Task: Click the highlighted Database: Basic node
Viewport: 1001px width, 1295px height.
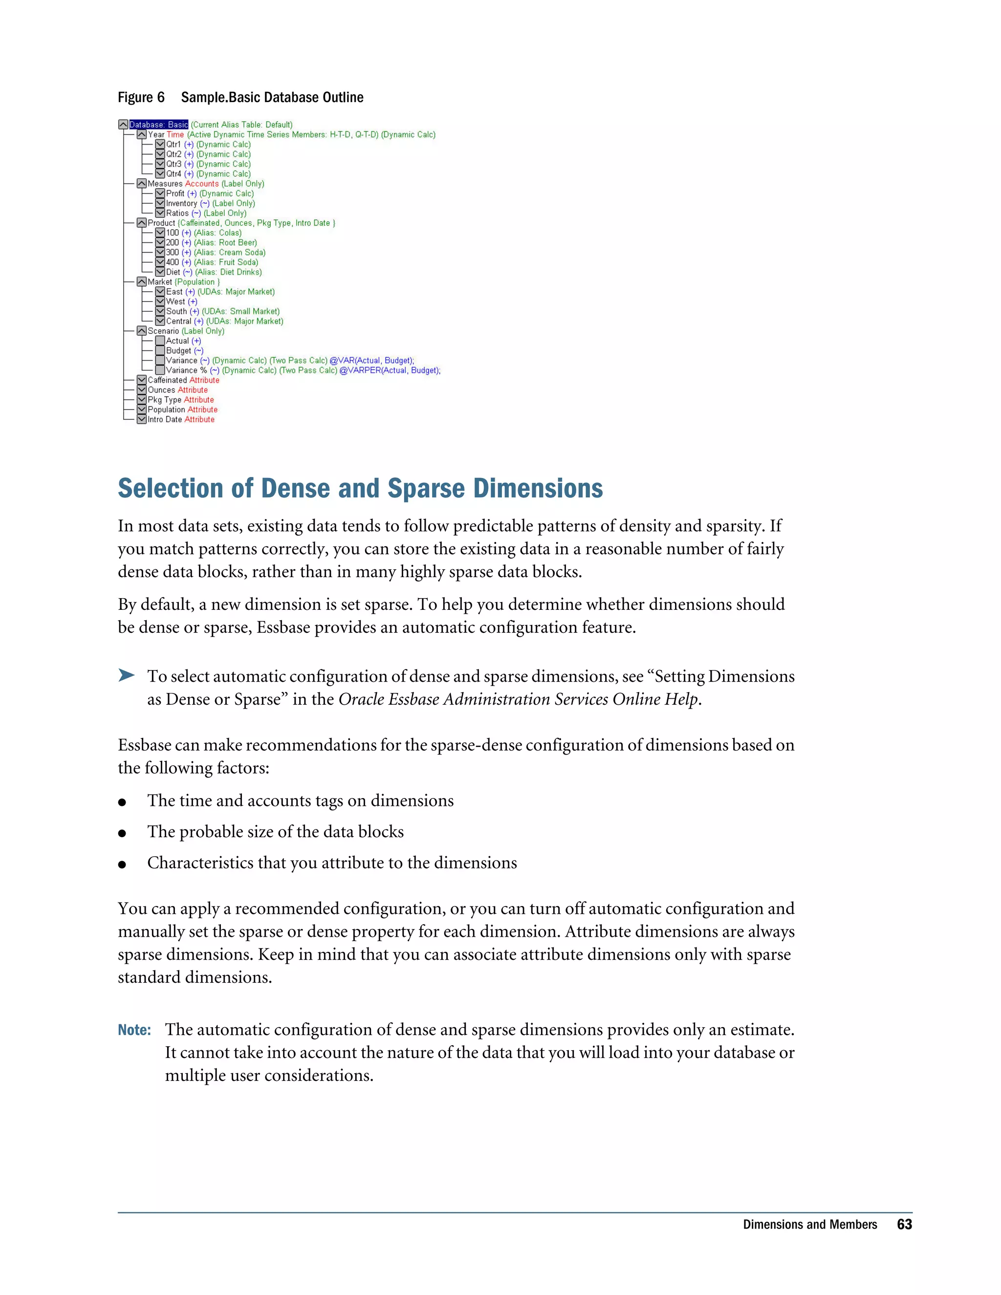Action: [158, 125]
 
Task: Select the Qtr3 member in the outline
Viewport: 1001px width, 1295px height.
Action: [174, 164]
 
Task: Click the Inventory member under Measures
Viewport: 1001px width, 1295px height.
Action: [181, 203]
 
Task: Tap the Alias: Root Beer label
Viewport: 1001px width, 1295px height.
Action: [225, 242]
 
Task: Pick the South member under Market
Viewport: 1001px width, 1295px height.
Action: [176, 311]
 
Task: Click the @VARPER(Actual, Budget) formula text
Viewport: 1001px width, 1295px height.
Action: [389, 370]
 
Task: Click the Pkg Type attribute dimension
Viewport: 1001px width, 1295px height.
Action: [164, 400]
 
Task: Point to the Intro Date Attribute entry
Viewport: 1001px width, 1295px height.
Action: [181, 420]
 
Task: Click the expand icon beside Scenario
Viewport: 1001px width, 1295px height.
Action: [142, 331]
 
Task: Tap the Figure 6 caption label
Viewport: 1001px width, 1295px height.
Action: [141, 97]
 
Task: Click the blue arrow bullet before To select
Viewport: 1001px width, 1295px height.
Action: [126, 675]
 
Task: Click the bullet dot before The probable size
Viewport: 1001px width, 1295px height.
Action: [122, 833]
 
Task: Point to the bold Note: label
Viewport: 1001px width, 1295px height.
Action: [134, 1030]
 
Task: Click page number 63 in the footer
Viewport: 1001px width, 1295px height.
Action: [904, 1225]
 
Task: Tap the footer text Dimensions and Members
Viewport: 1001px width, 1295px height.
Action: [809, 1225]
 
